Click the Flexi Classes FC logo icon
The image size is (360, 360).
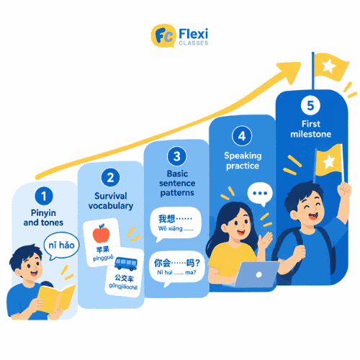point(163,36)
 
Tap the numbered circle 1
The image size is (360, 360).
point(44,196)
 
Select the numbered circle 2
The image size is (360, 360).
point(110,178)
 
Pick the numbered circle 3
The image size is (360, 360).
point(177,156)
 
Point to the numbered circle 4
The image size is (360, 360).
point(242,136)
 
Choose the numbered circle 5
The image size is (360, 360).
point(310,105)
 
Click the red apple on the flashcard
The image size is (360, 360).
point(101,233)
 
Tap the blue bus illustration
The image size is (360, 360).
point(126,264)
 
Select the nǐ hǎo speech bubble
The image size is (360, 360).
point(61,246)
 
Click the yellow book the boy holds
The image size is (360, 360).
point(56,299)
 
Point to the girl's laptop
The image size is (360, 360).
point(255,274)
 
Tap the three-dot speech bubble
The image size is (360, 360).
point(260,194)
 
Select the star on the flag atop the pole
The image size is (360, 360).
point(329,66)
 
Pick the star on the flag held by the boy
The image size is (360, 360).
point(329,161)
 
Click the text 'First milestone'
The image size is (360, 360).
point(311,129)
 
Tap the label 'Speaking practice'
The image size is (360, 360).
point(243,161)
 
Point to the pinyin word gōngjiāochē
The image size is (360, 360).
point(123,287)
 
